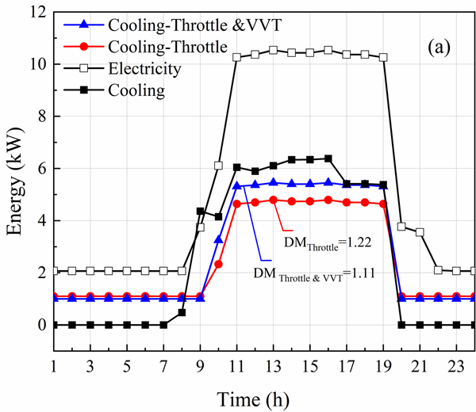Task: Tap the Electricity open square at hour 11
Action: (236, 57)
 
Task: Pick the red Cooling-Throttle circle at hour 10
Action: (218, 264)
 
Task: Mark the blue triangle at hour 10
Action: (218, 238)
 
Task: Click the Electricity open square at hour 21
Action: (420, 232)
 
